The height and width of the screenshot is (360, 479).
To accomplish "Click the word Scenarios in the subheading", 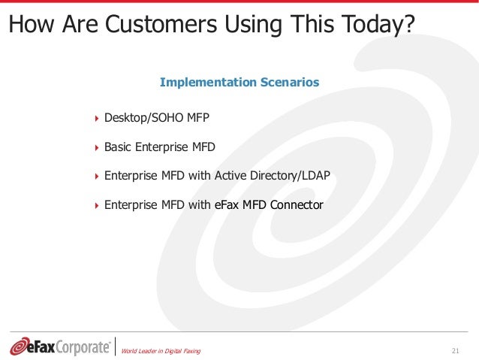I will pos(289,82).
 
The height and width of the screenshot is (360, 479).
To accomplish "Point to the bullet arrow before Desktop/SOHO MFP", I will pos(96,119).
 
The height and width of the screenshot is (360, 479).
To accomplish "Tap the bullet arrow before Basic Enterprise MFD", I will pos(96,147).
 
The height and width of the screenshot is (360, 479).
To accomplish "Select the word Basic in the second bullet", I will pos(118,147).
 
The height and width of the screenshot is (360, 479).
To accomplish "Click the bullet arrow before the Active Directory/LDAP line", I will pos(96,176).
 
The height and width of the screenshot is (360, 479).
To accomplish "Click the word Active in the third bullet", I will pos(230,175).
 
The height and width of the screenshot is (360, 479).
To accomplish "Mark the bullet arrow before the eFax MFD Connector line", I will pos(96,204).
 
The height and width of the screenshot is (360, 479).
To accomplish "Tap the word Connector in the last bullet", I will pos(296,204).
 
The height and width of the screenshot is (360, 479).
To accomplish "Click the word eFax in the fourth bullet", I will pos(227,204).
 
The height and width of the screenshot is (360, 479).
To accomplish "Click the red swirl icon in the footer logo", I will pos(20,346).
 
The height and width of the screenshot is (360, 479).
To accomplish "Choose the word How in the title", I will pos(29,25).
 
